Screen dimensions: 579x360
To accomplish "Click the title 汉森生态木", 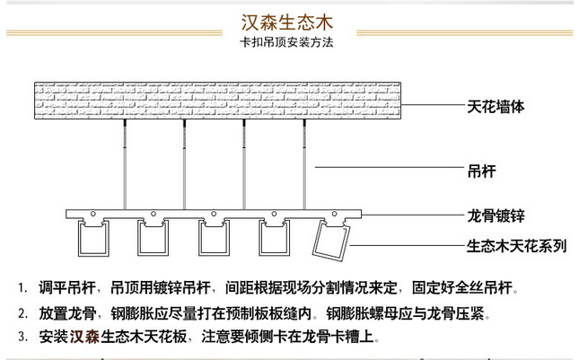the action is (x=287, y=22).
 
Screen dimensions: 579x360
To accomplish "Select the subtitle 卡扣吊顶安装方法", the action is (x=286, y=42).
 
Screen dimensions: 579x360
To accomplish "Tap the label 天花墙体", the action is (x=496, y=107).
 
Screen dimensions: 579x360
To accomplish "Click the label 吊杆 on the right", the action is (x=481, y=171).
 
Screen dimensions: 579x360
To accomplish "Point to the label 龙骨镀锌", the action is (x=496, y=215).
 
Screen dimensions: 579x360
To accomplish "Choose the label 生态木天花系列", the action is (x=516, y=246).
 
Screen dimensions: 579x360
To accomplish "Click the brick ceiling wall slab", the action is (x=217, y=101).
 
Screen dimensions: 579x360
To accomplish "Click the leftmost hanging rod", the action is (x=125, y=164).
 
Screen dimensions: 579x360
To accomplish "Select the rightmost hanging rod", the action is (x=304, y=164).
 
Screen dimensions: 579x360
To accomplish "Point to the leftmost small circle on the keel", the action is (x=93, y=214).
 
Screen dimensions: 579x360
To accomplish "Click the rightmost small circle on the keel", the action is (x=334, y=214).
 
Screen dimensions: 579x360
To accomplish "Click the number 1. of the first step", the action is (x=23, y=288).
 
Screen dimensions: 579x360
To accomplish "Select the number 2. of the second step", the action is (x=23, y=313).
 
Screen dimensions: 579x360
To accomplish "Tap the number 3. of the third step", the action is (x=23, y=337).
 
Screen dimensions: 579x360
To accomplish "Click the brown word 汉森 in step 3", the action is (x=84, y=337).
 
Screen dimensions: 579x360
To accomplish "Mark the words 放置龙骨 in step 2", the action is (x=67, y=313).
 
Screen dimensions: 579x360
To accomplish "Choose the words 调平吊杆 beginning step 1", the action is (x=67, y=288).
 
